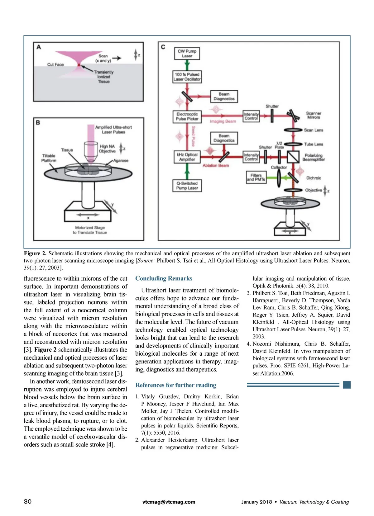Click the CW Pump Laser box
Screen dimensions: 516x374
click(187, 54)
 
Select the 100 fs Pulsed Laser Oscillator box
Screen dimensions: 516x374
click(187, 77)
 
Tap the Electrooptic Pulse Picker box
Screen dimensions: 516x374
click(187, 116)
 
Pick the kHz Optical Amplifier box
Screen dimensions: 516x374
click(187, 157)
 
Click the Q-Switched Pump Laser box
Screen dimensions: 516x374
click(187, 186)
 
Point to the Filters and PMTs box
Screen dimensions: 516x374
click(256, 178)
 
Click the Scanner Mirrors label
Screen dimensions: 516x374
click(314, 115)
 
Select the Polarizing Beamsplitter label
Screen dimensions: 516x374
click(314, 157)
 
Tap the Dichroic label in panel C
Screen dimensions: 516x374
click(314, 178)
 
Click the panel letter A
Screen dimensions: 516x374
click(39, 47)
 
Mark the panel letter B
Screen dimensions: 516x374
click(38, 122)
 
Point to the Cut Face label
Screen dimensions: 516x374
click(55, 64)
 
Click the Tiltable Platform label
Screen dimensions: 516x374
click(49, 158)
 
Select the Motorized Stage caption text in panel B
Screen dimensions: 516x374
click(90, 230)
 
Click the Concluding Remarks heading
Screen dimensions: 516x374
click(164, 278)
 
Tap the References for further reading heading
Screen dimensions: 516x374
click(176, 385)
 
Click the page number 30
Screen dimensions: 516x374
click(28, 501)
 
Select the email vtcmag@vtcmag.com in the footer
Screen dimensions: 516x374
click(169, 502)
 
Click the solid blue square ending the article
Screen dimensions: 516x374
click(347, 385)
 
